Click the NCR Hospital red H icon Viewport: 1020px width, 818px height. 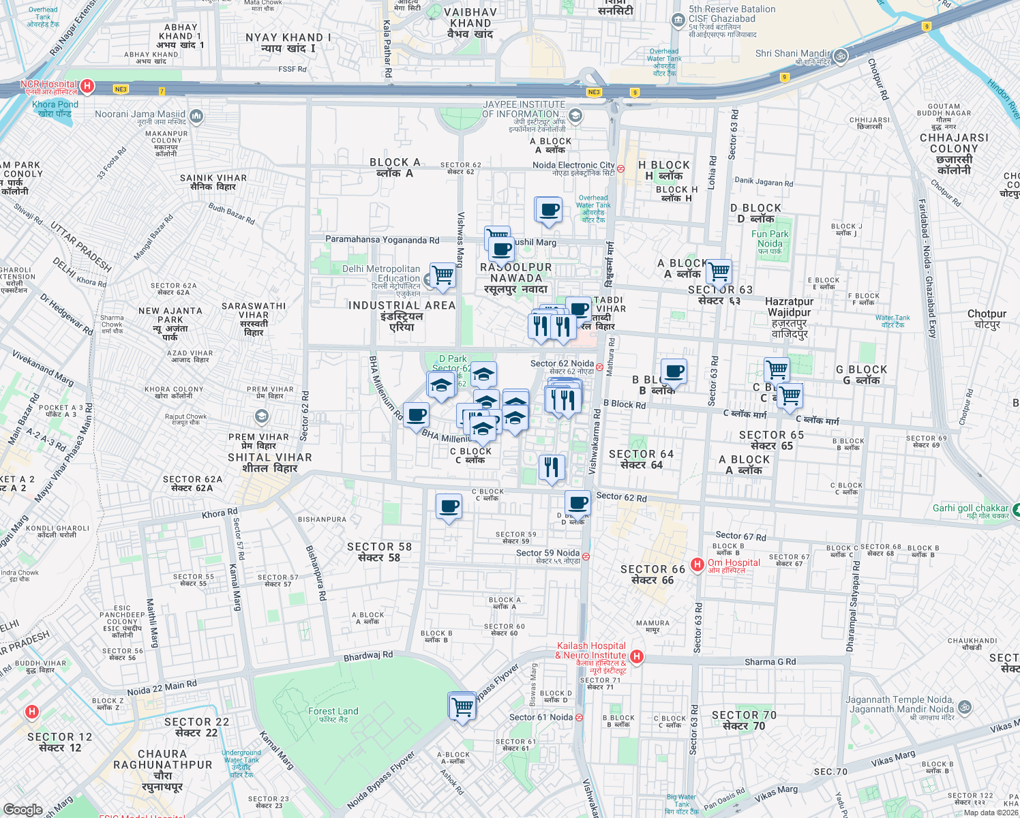click(87, 86)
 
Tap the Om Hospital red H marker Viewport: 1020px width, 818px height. click(697, 564)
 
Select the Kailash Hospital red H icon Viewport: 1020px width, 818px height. click(636, 656)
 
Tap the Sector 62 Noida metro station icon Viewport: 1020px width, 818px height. click(599, 367)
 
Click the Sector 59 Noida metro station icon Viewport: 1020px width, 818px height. click(586, 556)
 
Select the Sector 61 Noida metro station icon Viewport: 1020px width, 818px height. click(579, 717)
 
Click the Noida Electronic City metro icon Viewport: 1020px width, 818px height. click(620, 168)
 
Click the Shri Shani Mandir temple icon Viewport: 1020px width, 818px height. click(841, 56)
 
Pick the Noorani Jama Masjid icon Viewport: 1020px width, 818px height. click(196, 117)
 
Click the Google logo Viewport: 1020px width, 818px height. click(22, 809)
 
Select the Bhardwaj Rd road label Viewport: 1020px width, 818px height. click(368, 656)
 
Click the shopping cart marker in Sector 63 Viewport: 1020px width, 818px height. click(719, 273)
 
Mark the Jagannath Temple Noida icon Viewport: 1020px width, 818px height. click(965, 707)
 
